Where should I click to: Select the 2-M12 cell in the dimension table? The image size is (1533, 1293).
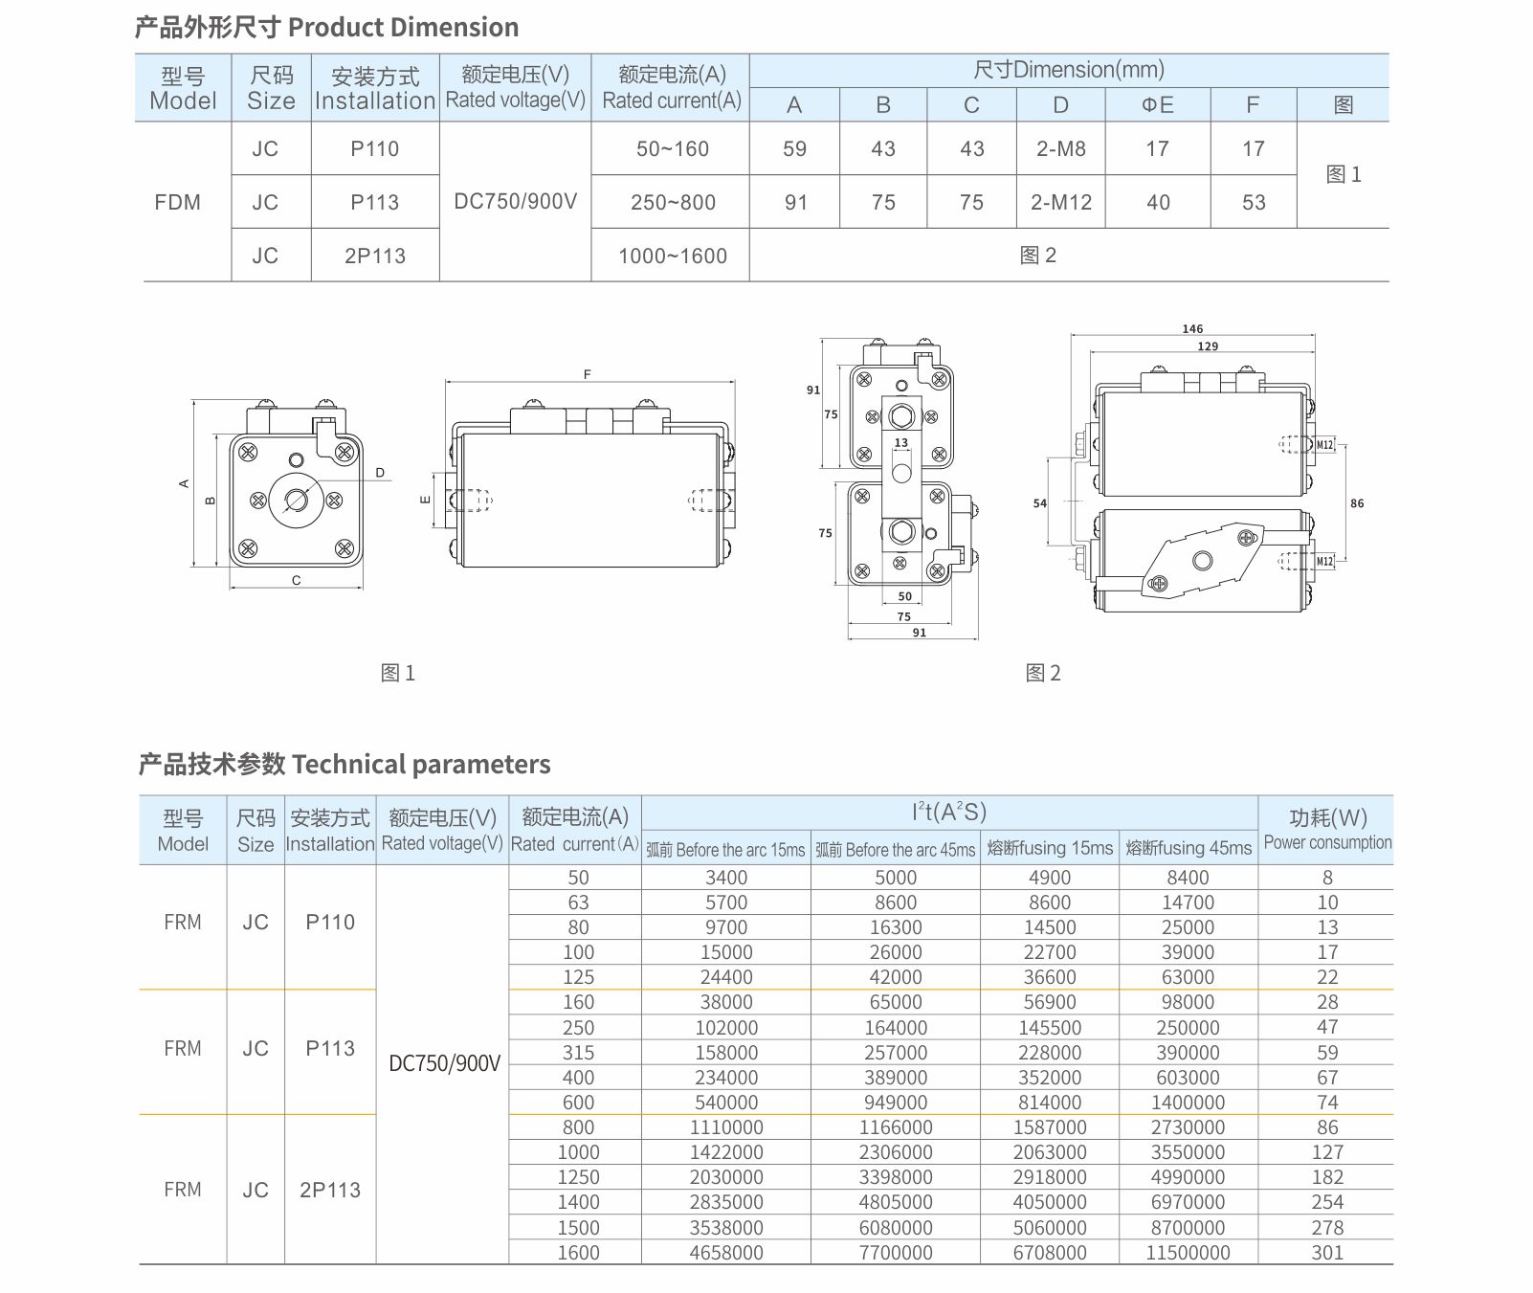[1060, 202]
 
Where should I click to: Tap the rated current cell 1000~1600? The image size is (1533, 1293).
[672, 256]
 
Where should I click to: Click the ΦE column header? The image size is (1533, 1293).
[1157, 104]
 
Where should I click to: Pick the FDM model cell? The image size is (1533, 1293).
[178, 202]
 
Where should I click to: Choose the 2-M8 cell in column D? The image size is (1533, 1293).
[1060, 148]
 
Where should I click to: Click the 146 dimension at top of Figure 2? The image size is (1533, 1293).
[1192, 328]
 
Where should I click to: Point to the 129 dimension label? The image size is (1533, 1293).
[1208, 346]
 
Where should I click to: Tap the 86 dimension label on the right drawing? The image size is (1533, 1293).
[1357, 502]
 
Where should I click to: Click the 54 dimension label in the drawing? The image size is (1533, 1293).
[1040, 502]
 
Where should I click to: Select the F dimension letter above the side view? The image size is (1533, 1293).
[588, 374]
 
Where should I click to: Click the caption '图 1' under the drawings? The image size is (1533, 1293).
[398, 673]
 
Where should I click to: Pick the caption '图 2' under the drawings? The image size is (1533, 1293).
[1043, 673]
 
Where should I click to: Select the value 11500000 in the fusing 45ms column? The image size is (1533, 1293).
[1188, 1252]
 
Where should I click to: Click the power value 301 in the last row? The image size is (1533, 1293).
[1327, 1252]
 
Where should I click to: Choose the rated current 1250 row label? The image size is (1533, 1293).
[578, 1177]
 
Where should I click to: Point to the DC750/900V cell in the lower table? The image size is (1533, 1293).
[444, 1063]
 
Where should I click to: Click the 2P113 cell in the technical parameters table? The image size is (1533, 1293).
[330, 1190]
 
